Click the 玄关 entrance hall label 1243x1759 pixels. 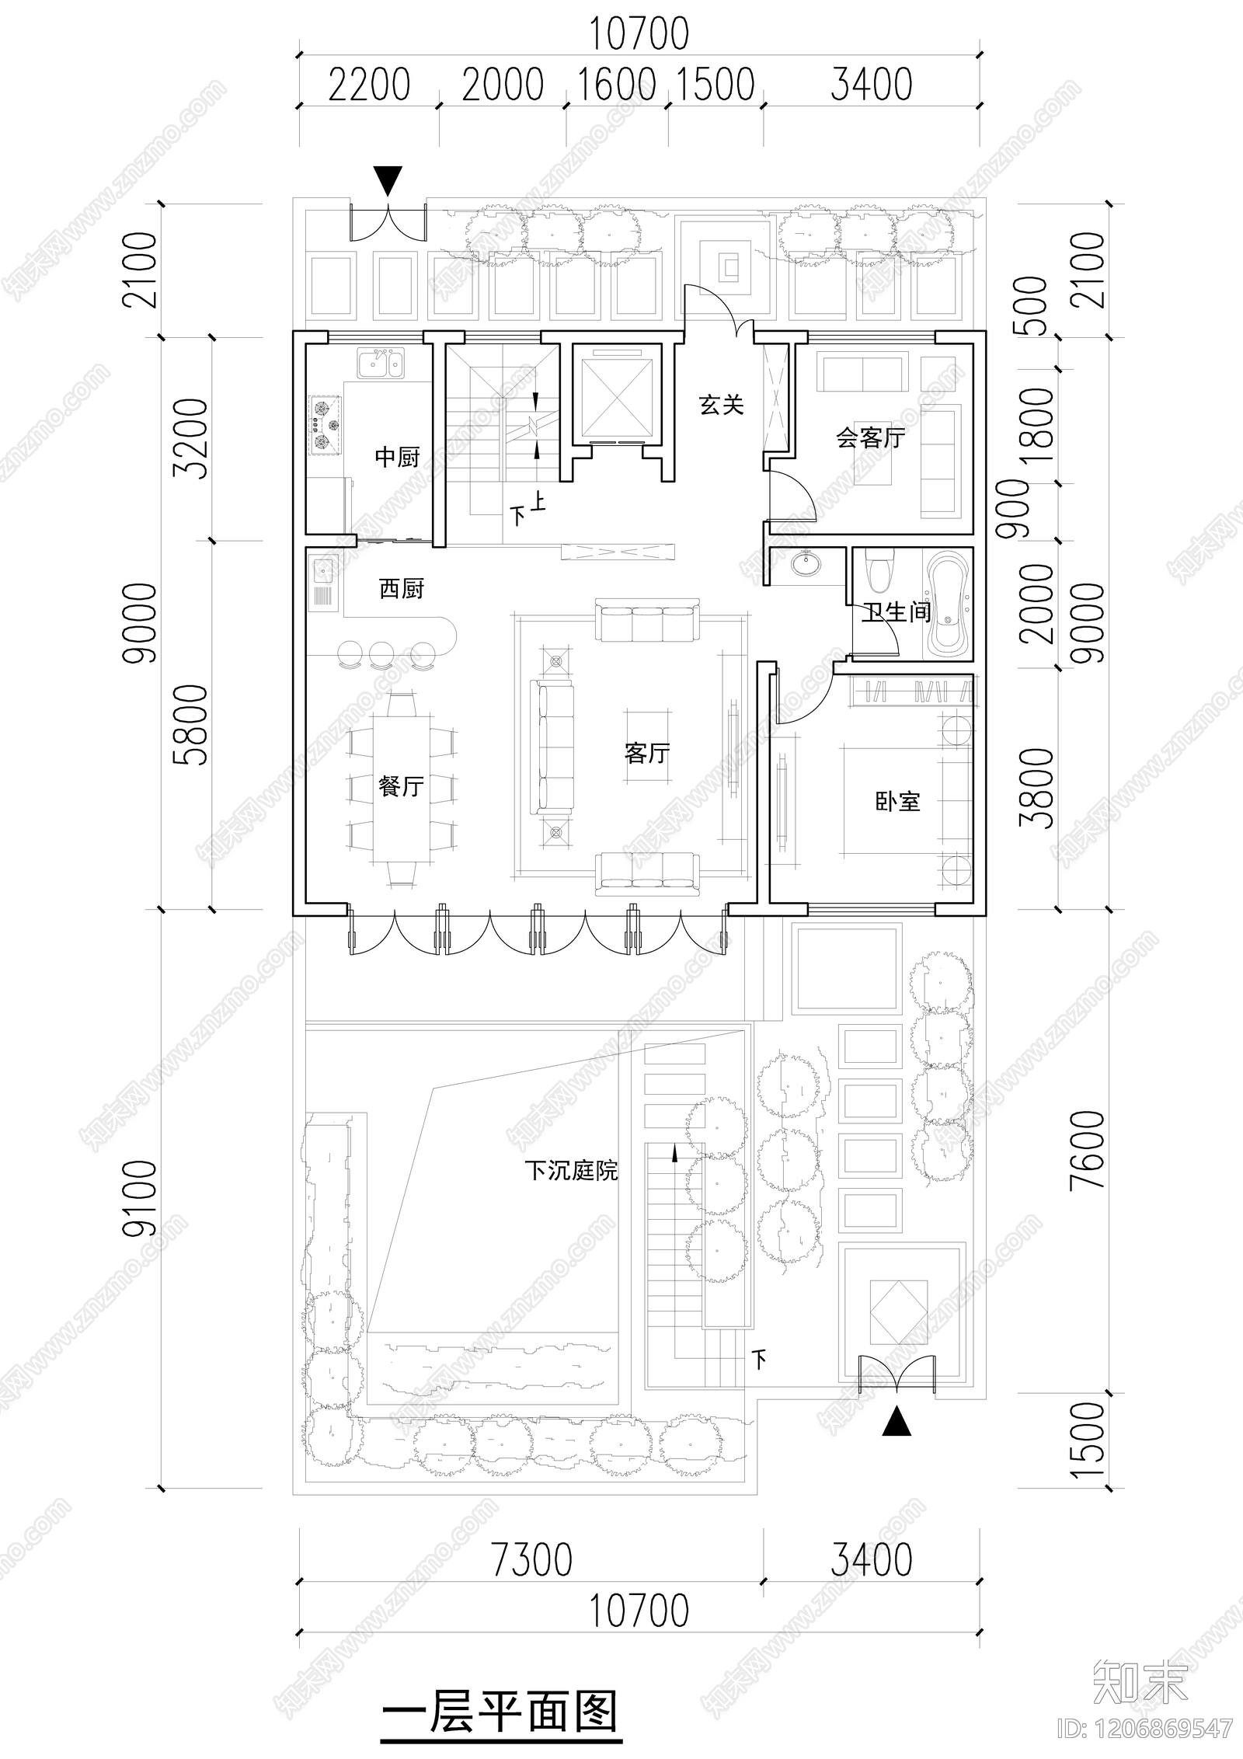(x=721, y=405)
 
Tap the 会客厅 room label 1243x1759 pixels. (x=870, y=438)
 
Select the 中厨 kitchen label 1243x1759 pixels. (x=397, y=457)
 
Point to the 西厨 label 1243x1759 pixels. (x=401, y=589)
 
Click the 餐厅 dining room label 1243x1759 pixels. (x=401, y=786)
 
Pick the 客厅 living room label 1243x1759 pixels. (x=646, y=753)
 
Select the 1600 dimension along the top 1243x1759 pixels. (x=617, y=85)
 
